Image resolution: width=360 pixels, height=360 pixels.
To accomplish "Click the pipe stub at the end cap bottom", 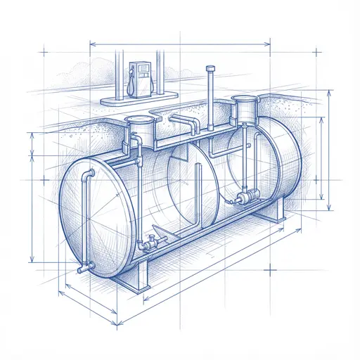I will click(84, 267).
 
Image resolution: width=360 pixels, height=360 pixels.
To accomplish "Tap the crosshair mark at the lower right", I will click(271, 269).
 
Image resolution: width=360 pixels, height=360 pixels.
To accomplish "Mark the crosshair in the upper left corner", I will click(44, 52).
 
